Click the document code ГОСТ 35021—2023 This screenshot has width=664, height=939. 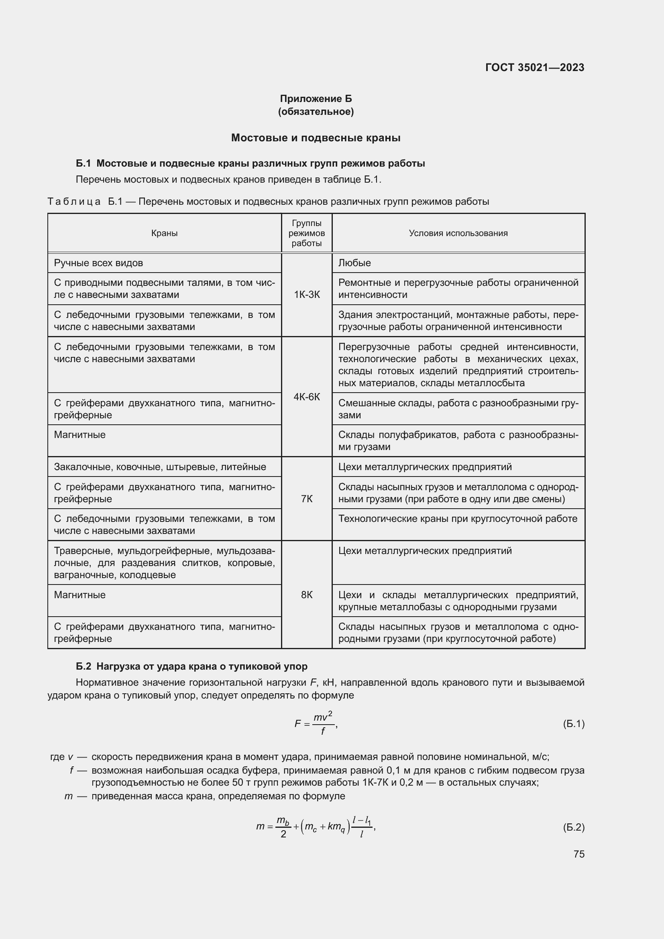pyautogui.click(x=534, y=67)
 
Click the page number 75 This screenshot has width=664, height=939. pyautogui.click(x=578, y=854)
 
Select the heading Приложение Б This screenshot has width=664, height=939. pyautogui.click(x=316, y=99)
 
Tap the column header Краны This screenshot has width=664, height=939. pyautogui.click(x=164, y=233)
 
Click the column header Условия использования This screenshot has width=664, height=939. pyautogui.click(x=458, y=233)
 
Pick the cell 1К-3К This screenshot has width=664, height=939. pyautogui.click(x=307, y=294)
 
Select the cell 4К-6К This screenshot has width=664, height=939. pyautogui.click(x=307, y=397)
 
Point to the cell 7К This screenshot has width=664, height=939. pyautogui.click(x=307, y=499)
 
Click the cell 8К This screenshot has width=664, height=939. pyautogui.click(x=307, y=595)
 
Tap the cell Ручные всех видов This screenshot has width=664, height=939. pyautogui.click(x=98, y=263)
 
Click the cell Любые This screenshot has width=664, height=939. pyautogui.click(x=354, y=263)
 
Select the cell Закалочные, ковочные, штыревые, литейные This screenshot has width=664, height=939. pyautogui.click(x=160, y=466)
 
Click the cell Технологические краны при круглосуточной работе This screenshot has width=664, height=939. pyautogui.click(x=458, y=519)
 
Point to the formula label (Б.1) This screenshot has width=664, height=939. pyautogui.click(x=574, y=724)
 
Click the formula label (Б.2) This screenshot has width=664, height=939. pyautogui.click(x=574, y=827)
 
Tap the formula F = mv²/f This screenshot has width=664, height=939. pyautogui.click(x=315, y=724)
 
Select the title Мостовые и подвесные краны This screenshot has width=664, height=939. pyautogui.click(x=316, y=138)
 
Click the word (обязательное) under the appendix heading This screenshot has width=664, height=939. pyautogui.click(x=316, y=112)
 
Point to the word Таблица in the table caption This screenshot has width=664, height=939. pyautogui.click(x=74, y=202)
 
